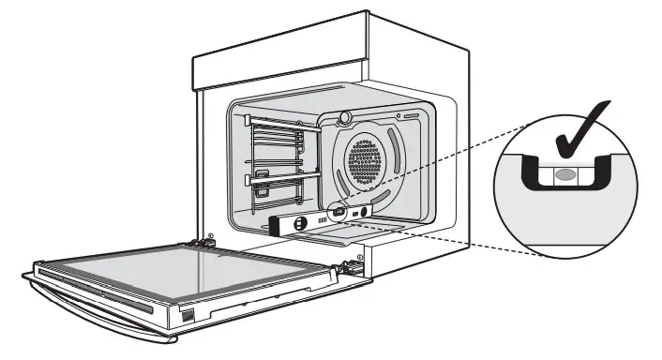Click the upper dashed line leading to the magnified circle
click(x=441, y=169)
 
